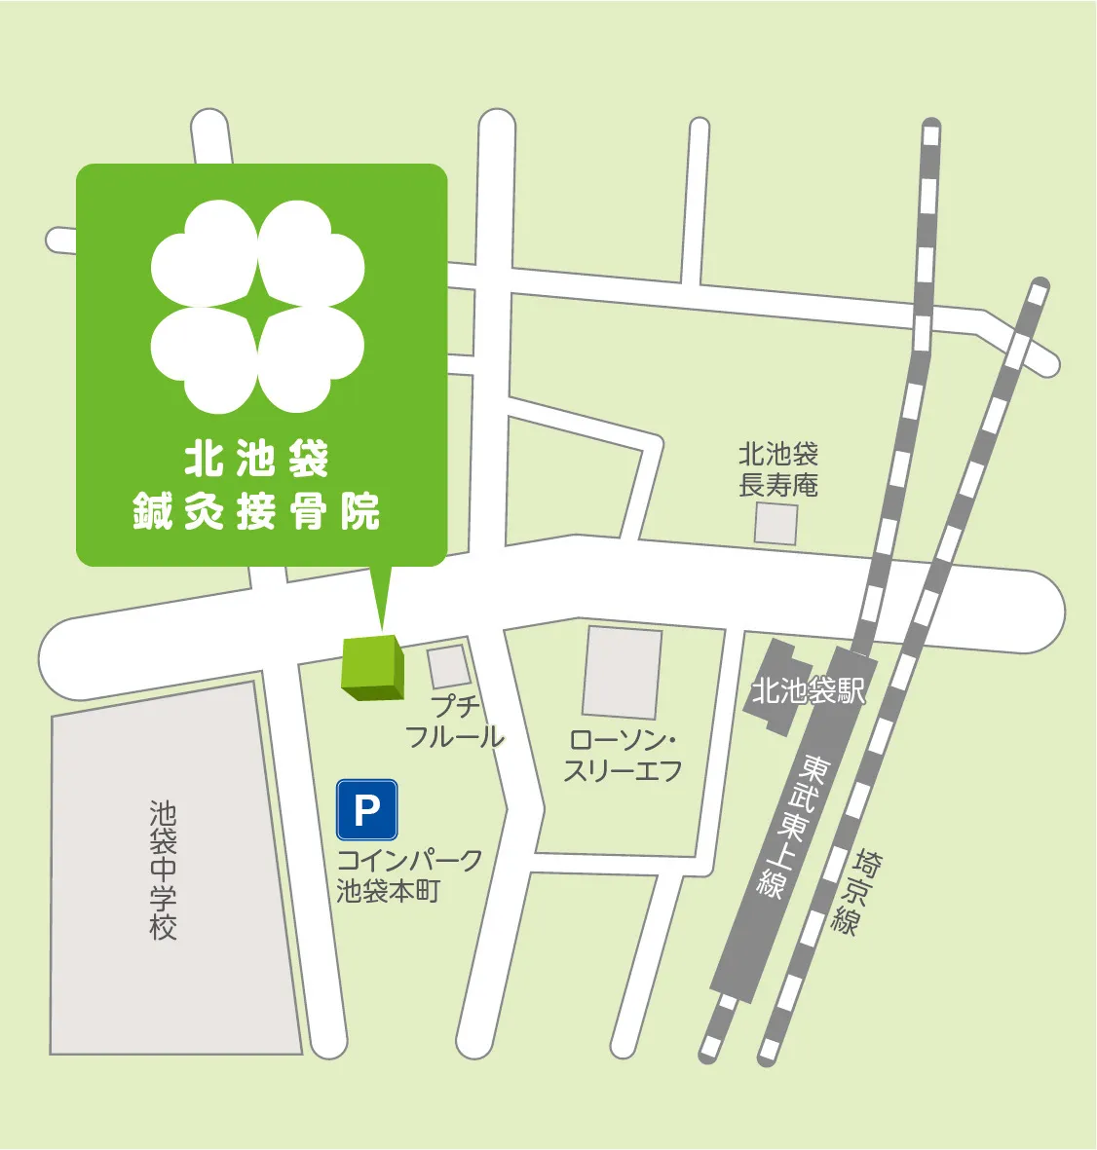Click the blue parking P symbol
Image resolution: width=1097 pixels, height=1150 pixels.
(366, 810)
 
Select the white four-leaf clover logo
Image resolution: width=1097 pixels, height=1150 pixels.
(258, 307)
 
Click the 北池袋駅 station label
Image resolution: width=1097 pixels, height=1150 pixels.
(808, 691)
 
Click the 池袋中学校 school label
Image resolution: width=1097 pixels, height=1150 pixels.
(163, 870)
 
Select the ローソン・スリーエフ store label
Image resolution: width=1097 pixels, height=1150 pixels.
(623, 756)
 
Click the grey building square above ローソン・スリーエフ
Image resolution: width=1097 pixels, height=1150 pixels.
(622, 672)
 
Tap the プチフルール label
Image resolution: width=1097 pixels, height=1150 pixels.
(454, 722)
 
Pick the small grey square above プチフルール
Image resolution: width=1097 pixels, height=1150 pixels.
(449, 666)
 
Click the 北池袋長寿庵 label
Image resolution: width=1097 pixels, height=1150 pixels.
(777, 469)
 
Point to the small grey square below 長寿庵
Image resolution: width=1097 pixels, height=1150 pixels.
(776, 524)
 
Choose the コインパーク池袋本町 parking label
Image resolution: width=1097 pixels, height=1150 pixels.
(408, 875)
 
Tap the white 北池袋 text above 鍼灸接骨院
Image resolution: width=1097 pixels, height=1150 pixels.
(257, 460)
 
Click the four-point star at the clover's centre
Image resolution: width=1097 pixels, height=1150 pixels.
(258, 307)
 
